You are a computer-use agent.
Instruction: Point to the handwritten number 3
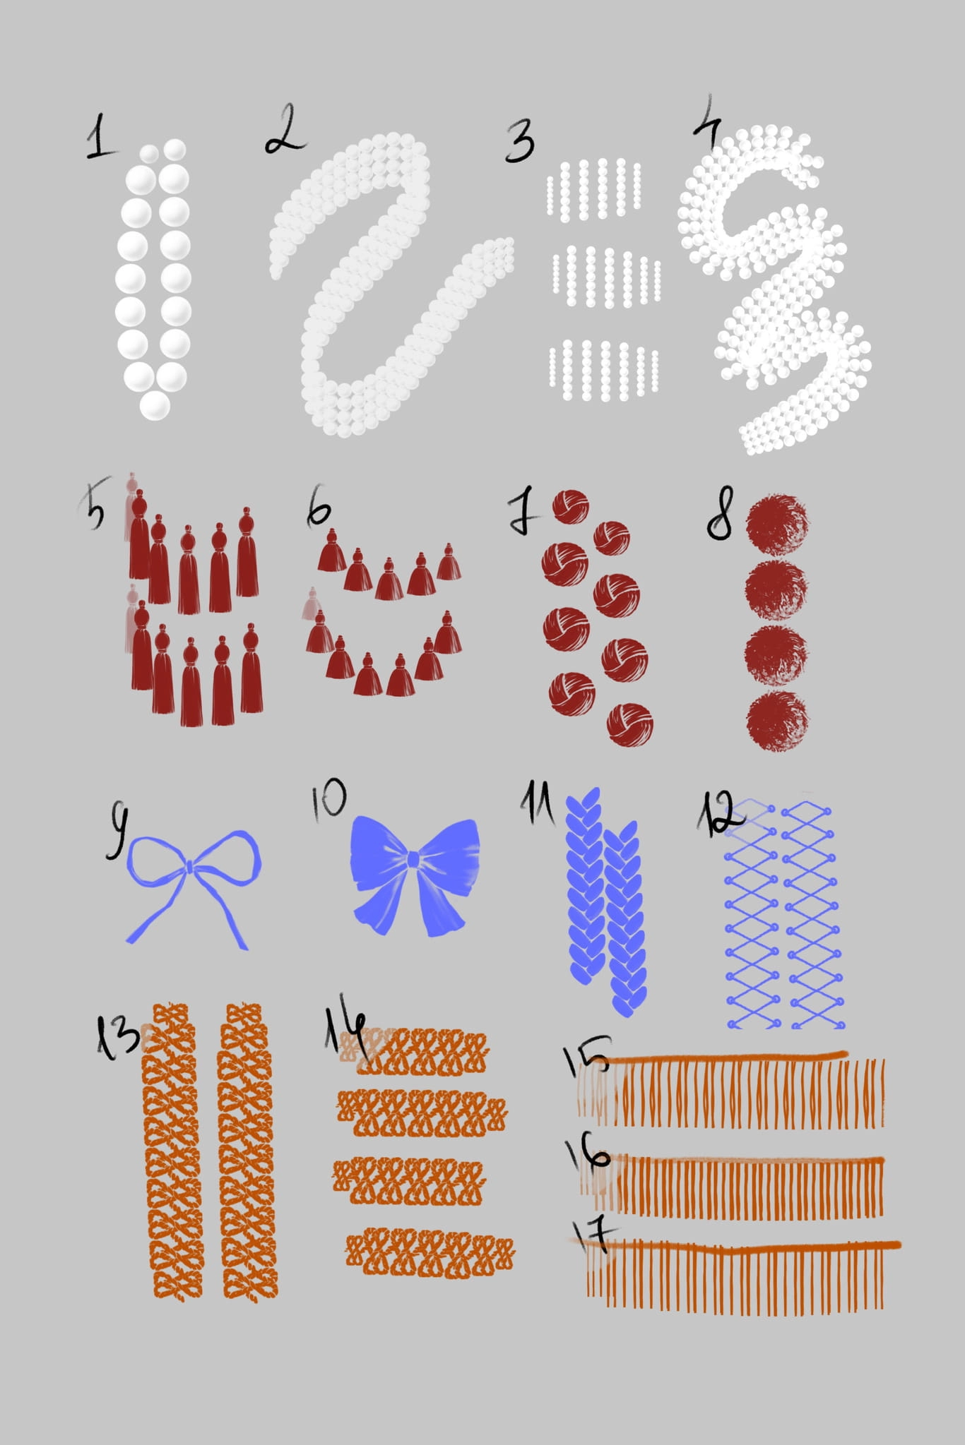pyautogui.click(x=520, y=141)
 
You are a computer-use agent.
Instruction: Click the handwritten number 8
pyautogui.click(x=721, y=513)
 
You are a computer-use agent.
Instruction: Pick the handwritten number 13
pyautogui.click(x=117, y=1036)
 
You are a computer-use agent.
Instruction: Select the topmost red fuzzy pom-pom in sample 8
pyautogui.click(x=777, y=523)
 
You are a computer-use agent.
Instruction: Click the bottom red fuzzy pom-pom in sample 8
pyautogui.click(x=777, y=720)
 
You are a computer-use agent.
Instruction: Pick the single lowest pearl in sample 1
pyautogui.click(x=155, y=405)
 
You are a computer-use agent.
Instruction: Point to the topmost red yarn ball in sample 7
pyautogui.click(x=571, y=507)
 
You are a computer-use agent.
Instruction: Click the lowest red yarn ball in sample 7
pyautogui.click(x=629, y=724)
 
